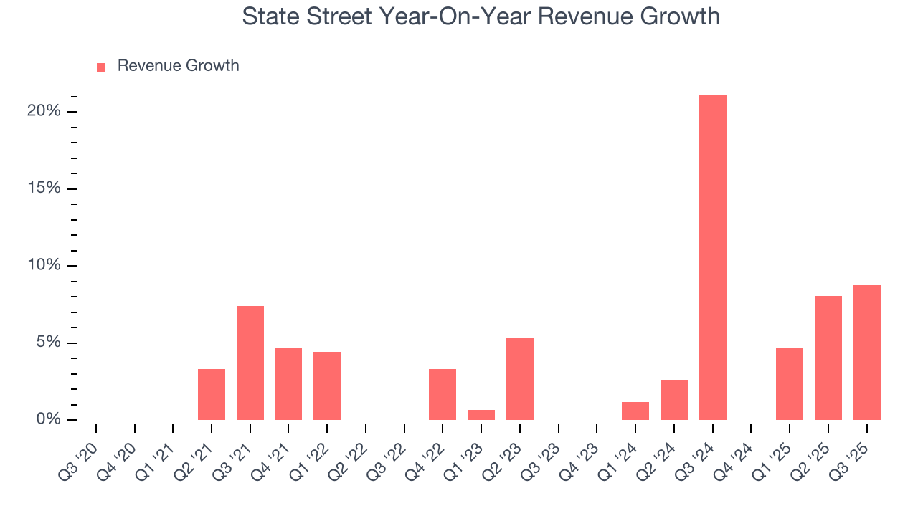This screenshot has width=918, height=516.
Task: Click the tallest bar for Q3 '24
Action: pyautogui.click(x=712, y=258)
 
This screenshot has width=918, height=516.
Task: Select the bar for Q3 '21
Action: pyautogui.click(x=250, y=363)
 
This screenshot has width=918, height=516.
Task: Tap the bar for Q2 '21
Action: pyautogui.click(x=212, y=394)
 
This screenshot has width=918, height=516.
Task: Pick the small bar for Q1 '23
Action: pyautogui.click(x=481, y=415)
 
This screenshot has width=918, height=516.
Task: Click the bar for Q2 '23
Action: pyautogui.click(x=520, y=379)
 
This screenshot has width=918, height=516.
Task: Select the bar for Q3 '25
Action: pyautogui.click(x=866, y=353)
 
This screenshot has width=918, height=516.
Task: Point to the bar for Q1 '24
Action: pyautogui.click(x=635, y=411)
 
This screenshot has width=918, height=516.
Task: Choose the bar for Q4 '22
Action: pyautogui.click(x=443, y=394)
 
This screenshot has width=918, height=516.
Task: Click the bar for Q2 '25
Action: pyautogui.click(x=828, y=358)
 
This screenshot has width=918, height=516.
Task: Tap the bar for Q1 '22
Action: pyautogui.click(x=327, y=386)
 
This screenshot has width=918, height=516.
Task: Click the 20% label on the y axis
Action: pyautogui.click(x=43, y=111)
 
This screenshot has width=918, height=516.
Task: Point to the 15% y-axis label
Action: pyautogui.click(x=43, y=188)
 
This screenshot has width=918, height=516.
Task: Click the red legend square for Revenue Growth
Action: pyautogui.click(x=101, y=67)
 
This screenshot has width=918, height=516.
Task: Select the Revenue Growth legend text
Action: pyautogui.click(x=178, y=66)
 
